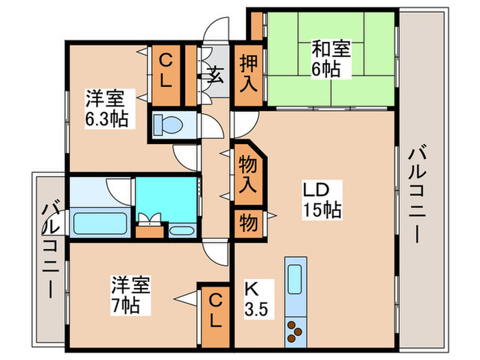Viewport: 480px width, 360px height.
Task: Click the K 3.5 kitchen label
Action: pyautogui.click(x=255, y=296)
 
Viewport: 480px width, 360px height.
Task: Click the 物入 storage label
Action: pyautogui.click(x=248, y=176)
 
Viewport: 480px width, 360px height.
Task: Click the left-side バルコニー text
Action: pyautogui.click(x=49, y=247)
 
